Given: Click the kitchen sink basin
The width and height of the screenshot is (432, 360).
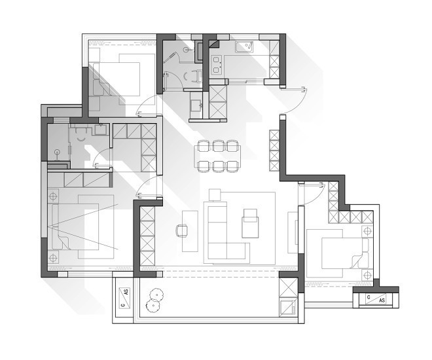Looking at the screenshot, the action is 244,47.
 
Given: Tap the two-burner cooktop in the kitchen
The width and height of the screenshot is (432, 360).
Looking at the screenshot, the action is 216,65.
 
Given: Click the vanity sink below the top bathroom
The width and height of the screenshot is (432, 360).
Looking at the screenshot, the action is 196,105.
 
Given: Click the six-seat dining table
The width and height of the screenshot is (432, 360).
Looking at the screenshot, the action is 218,156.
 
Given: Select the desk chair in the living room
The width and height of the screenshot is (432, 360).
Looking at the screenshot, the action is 181,230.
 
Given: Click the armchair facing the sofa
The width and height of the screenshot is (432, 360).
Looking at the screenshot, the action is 250,223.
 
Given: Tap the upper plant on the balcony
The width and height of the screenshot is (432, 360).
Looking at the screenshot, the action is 156,295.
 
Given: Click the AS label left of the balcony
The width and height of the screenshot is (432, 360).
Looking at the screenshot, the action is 126,292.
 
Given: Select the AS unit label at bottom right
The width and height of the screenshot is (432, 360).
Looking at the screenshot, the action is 382,300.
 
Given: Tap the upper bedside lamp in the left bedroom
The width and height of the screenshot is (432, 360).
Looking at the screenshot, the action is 53,196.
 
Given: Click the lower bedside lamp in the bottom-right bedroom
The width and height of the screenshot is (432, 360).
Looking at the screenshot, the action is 367,275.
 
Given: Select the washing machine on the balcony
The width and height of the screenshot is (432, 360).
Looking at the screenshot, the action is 287,308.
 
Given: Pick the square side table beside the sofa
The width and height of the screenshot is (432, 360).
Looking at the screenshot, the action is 215,194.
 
